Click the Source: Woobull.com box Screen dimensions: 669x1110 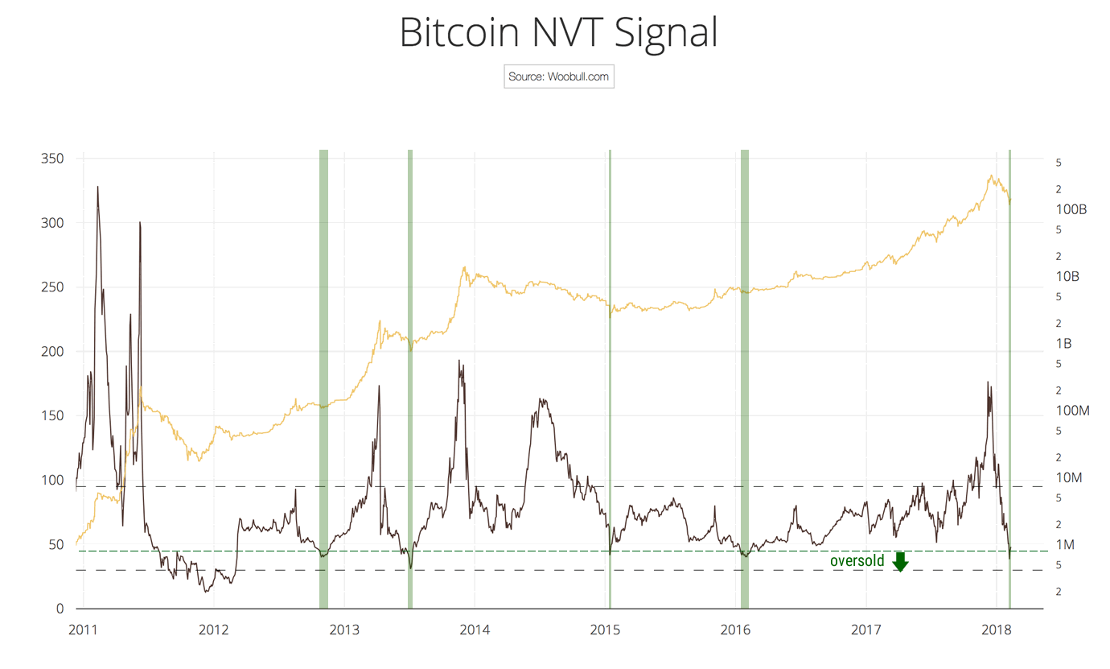click(559, 77)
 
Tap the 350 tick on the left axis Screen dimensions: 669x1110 click(51, 159)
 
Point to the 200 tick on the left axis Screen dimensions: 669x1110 click(51, 352)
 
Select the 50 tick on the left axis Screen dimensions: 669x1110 click(55, 545)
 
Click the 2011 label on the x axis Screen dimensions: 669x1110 click(84, 630)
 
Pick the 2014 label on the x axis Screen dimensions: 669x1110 click(475, 630)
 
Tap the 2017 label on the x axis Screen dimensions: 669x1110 click(865, 630)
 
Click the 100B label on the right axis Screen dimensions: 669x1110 click(1071, 209)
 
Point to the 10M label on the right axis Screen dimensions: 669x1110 click(1068, 478)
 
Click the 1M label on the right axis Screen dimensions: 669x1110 click(1065, 545)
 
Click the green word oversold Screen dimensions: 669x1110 click(857, 561)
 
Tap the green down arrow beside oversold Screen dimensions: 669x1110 click(900, 562)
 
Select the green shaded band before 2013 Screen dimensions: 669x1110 click(323, 378)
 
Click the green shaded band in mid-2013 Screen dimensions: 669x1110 click(410, 378)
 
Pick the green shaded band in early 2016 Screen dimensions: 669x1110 click(744, 378)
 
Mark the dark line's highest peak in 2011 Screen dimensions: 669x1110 click(98, 187)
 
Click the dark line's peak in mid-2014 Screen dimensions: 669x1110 click(541, 399)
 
